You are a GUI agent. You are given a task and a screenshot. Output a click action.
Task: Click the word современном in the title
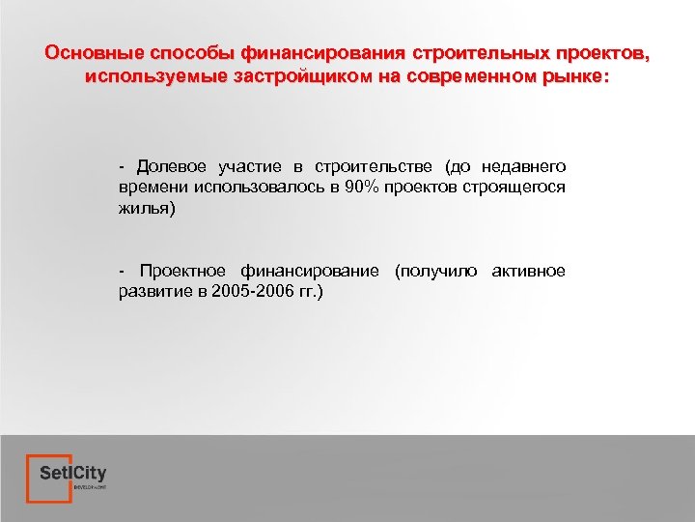click(x=474, y=74)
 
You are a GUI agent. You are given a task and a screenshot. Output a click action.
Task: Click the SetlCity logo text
click(x=73, y=474)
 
